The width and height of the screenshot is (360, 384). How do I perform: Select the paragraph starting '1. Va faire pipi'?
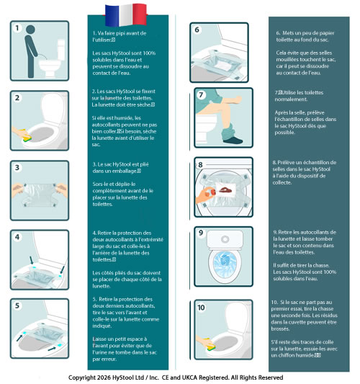120,37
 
